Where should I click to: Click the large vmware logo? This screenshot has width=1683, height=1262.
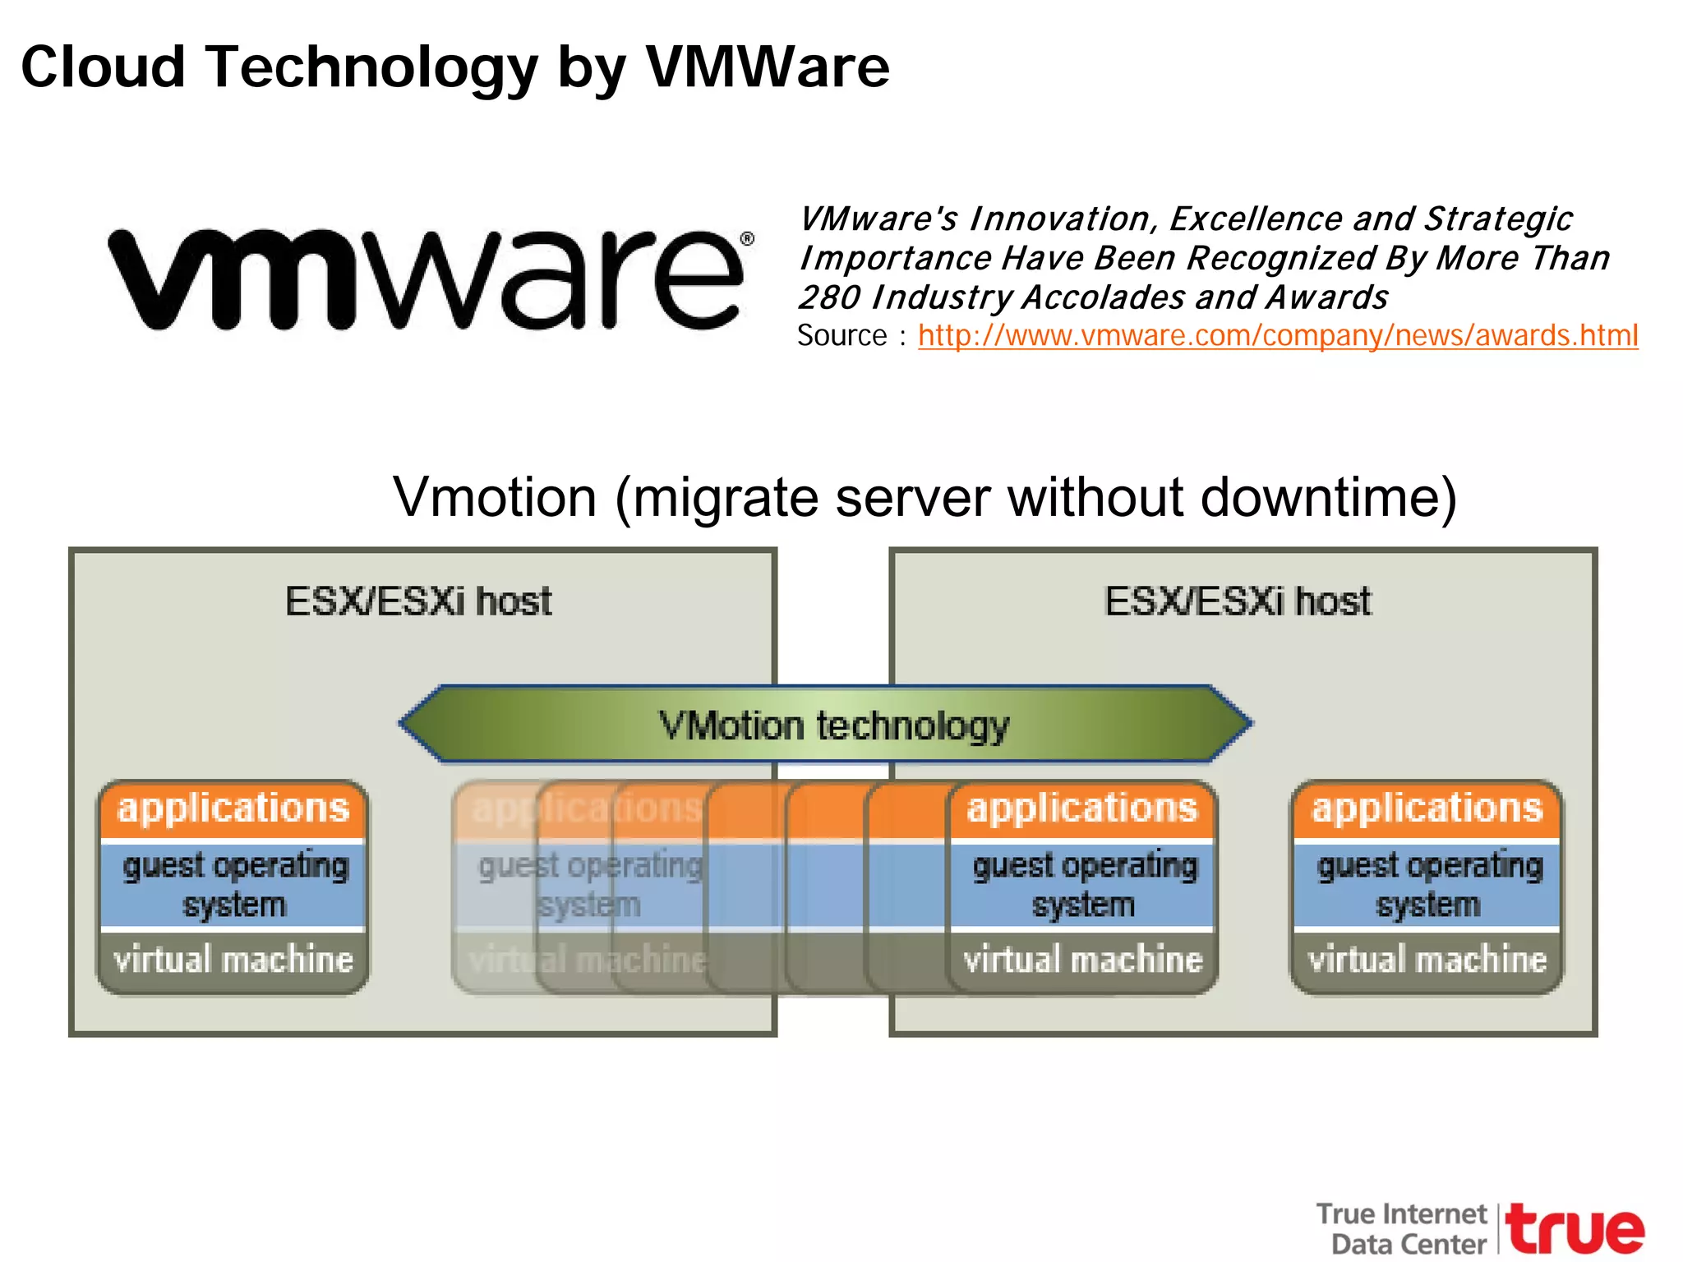pos(427,279)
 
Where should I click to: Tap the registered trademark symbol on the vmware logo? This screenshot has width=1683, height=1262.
pos(747,239)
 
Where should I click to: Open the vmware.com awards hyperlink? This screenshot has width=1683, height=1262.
pos(1277,335)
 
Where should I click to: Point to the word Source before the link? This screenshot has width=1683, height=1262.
pos(841,335)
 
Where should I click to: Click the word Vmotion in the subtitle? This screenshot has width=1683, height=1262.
pos(495,498)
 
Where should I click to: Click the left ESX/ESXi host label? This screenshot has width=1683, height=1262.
pos(418,601)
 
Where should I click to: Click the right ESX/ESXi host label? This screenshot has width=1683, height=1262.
pos(1238,601)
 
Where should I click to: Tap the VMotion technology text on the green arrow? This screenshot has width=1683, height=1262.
pos(833,726)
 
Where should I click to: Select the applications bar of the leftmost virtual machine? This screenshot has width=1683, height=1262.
pos(233,808)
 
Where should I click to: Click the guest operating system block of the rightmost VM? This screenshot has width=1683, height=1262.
pos(1427,885)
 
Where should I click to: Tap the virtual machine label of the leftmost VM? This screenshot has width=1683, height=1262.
pos(233,960)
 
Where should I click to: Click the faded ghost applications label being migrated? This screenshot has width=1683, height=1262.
pos(586,808)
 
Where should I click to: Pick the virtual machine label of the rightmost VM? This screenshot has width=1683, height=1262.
pos(1427,960)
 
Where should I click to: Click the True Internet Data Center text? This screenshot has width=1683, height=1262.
pos(1404,1228)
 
